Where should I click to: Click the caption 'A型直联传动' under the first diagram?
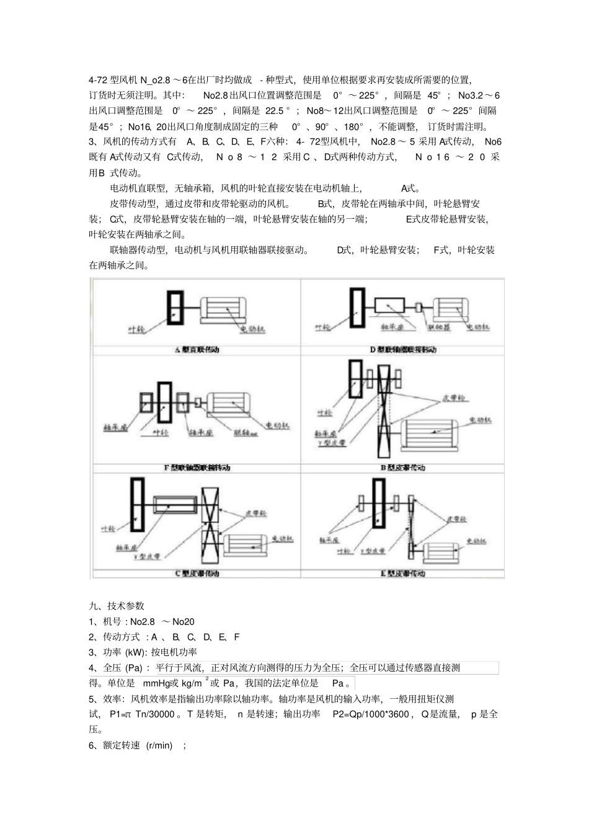[x=197, y=350]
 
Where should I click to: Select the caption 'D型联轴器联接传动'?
[x=403, y=350]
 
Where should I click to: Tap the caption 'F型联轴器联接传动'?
[x=197, y=468]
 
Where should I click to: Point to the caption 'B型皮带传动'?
[x=403, y=468]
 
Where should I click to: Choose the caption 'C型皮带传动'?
[x=197, y=574]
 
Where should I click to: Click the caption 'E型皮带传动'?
[x=403, y=574]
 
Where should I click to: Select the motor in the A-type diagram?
[x=226, y=308]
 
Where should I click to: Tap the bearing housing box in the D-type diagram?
[x=389, y=305]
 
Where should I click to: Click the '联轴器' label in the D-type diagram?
[x=438, y=327]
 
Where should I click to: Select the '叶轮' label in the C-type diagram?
[x=108, y=529]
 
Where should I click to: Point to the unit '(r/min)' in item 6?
[x=159, y=745]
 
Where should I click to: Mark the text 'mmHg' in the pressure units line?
[x=156, y=683]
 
